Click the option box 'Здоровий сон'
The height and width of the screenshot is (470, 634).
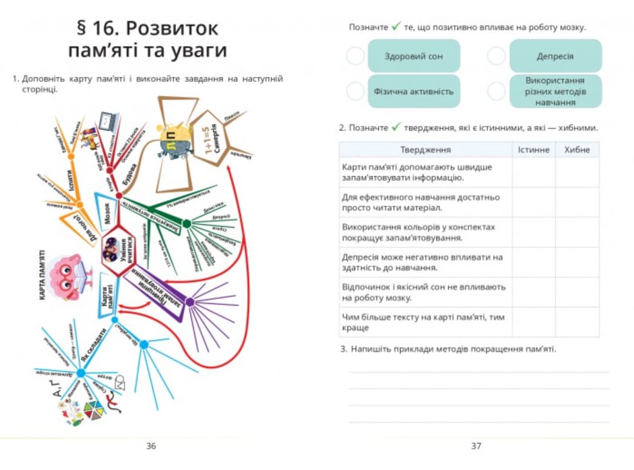coord(414,56)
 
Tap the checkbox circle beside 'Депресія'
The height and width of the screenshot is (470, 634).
coord(496,56)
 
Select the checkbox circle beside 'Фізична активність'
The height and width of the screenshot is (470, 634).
coord(355,92)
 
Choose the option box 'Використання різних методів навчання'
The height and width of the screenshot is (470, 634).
coord(555,91)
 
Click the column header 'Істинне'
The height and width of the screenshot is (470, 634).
coord(534,149)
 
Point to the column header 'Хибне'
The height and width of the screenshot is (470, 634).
coord(577,149)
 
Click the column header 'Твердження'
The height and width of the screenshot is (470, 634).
coord(425,149)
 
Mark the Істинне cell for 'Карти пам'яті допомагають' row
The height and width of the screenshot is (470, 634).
coord(534,172)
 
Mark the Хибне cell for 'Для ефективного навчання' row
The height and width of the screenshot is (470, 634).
coord(577,202)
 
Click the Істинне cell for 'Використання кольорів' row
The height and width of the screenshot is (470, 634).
coord(534,232)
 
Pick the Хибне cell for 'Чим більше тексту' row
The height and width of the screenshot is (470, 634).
coord(577,322)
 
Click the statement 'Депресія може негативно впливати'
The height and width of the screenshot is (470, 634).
coord(422,262)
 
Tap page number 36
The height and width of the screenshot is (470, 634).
coord(151,446)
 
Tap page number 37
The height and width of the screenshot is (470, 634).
coord(476,446)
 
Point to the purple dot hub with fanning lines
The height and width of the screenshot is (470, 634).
coord(189,302)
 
